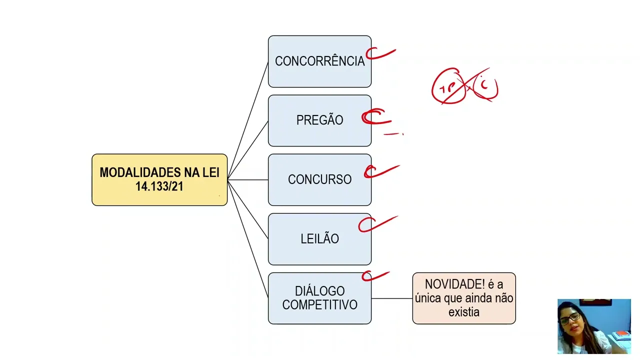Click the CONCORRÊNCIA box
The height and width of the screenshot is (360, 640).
319,61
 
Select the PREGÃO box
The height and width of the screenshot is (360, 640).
319,120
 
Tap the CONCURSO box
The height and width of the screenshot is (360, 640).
319,179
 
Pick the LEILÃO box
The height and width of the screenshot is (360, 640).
319,239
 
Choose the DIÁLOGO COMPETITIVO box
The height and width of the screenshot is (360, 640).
319,298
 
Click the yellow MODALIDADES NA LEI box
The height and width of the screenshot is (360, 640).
159,179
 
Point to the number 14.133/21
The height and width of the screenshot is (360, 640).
159,186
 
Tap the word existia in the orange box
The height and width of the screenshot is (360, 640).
464,312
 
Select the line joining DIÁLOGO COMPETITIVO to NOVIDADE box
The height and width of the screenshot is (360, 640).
391,298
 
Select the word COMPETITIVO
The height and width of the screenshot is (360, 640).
319,305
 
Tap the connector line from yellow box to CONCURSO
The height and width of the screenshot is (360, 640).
247,179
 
